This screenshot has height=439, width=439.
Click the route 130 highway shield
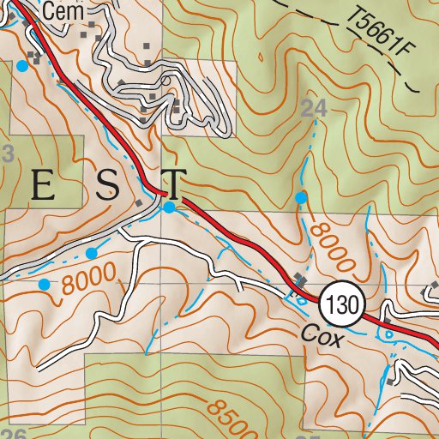[344, 304]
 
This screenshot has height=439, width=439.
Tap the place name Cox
[322, 339]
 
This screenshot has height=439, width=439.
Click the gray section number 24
[316, 107]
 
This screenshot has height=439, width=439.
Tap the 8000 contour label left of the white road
[88, 280]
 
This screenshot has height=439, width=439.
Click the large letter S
[107, 186]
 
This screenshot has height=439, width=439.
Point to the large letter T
[173, 184]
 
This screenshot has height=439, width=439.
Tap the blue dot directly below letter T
[170, 207]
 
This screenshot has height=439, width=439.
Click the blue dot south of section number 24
[300, 198]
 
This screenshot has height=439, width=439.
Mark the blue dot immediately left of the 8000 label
[44, 284]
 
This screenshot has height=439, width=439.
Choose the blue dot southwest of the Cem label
[21, 65]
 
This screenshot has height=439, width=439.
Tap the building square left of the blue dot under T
[140, 203]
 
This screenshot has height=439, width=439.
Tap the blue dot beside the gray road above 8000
[91, 253]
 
